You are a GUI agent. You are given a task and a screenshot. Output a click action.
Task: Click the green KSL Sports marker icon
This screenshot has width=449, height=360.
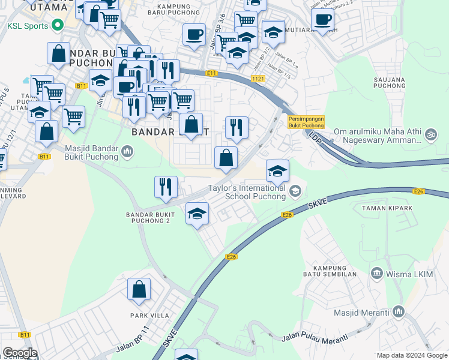point(58,25)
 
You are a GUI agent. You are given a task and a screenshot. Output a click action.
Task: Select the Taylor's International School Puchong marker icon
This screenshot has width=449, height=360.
point(295,191)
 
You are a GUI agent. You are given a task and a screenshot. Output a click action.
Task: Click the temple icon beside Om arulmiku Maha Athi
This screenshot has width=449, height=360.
point(430,135)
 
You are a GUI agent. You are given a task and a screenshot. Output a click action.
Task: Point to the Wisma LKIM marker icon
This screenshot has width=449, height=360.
point(376,274)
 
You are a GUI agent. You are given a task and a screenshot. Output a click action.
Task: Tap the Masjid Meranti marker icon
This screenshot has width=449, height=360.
point(399,312)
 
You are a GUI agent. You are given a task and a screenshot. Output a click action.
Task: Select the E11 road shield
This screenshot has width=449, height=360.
point(210,73)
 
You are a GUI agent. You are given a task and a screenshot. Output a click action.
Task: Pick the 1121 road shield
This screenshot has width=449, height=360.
point(258,79)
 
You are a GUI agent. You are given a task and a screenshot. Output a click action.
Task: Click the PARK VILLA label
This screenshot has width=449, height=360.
point(147,315)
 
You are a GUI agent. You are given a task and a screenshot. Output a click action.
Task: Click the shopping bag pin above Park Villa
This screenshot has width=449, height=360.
point(139,289)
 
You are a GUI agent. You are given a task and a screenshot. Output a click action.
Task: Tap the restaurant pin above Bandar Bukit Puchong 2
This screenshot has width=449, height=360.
point(166,187)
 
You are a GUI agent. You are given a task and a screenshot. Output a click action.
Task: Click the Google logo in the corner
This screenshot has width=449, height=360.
point(20,353)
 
